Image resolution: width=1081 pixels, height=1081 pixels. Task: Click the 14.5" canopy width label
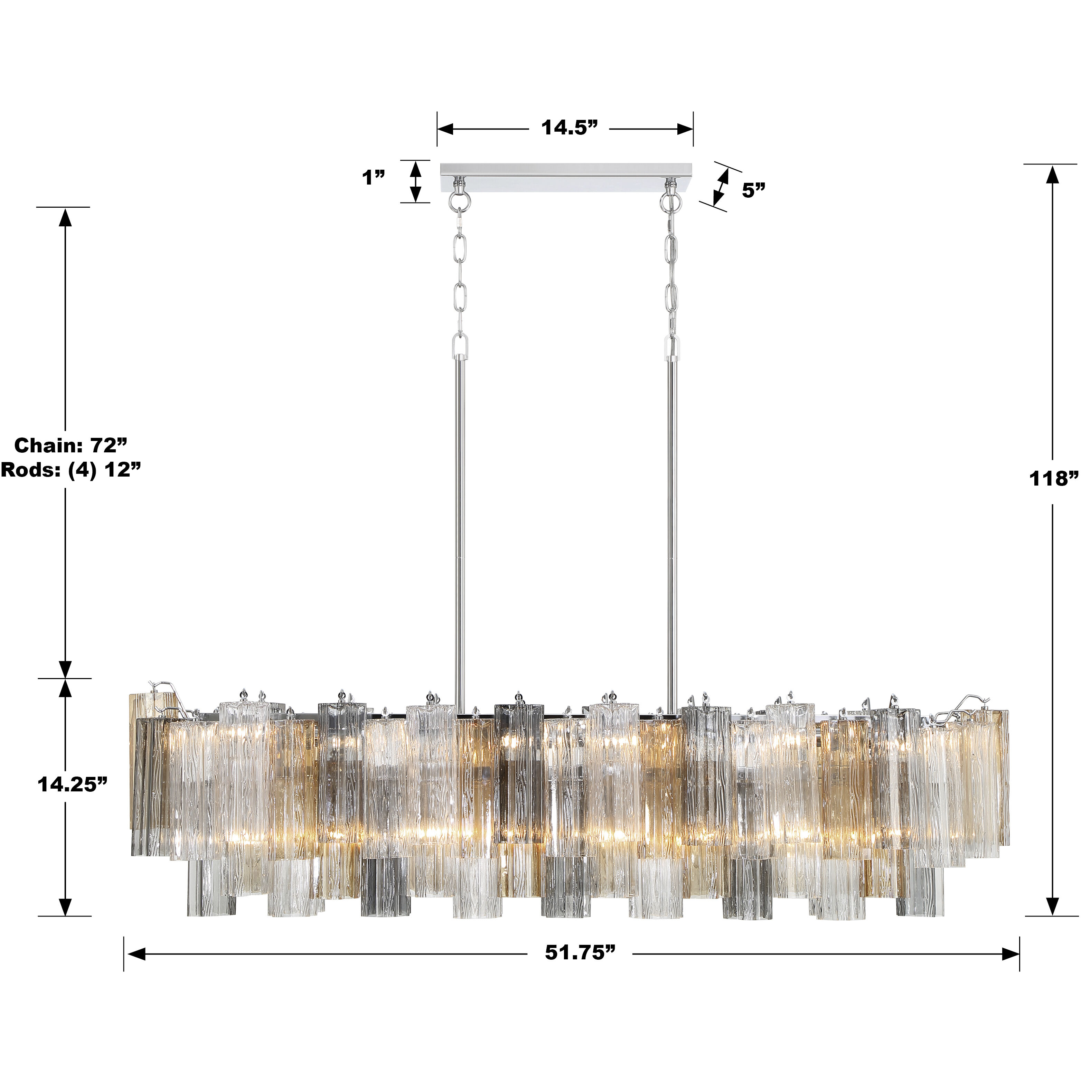click(x=569, y=128)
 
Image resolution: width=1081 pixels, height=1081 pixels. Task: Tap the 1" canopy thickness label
click(x=373, y=178)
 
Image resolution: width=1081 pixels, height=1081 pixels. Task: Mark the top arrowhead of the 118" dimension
click(x=1052, y=175)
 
